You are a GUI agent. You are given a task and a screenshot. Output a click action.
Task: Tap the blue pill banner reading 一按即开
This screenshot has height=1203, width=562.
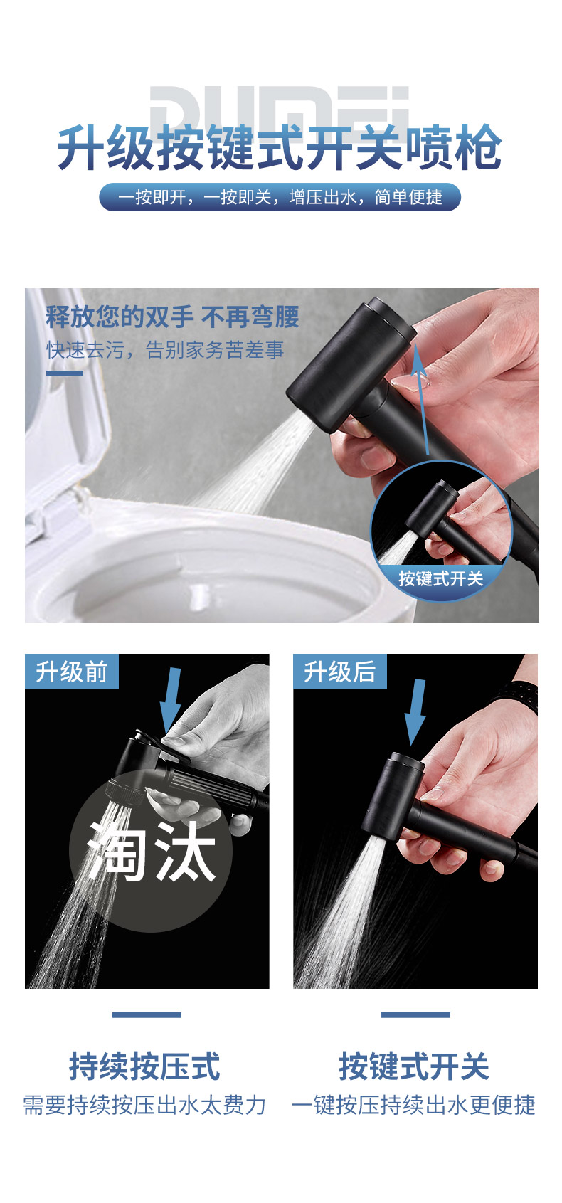click(x=280, y=197)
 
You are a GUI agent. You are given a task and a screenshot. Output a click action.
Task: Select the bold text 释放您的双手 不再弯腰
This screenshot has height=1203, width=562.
click(x=172, y=317)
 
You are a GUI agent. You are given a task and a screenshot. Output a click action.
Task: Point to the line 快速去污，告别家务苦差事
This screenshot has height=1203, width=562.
click(x=165, y=350)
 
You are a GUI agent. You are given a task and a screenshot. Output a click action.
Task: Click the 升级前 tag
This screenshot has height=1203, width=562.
click(x=71, y=672)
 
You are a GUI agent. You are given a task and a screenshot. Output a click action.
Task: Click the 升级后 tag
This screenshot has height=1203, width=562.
click(x=339, y=672)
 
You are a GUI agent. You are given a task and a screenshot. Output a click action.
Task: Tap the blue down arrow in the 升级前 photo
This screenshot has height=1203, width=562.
click(x=171, y=700)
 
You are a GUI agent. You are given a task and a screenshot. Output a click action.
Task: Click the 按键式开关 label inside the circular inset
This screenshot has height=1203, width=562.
click(x=440, y=578)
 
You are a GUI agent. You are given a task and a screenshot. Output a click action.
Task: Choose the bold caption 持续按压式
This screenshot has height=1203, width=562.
click(x=144, y=1066)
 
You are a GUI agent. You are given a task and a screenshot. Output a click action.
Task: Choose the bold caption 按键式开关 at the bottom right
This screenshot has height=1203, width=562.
click(x=414, y=1066)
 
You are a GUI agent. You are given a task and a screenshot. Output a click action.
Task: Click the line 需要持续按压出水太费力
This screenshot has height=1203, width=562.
click(x=144, y=1106)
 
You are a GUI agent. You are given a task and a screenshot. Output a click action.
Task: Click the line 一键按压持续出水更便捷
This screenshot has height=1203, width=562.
click(x=414, y=1106)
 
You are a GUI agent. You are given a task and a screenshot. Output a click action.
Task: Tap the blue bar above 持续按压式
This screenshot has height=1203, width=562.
click(x=147, y=1014)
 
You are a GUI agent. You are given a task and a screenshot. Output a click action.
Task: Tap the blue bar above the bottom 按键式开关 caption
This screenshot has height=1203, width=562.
click(x=416, y=1014)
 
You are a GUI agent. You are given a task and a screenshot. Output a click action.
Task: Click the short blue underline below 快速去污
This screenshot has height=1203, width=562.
click(x=65, y=373)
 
